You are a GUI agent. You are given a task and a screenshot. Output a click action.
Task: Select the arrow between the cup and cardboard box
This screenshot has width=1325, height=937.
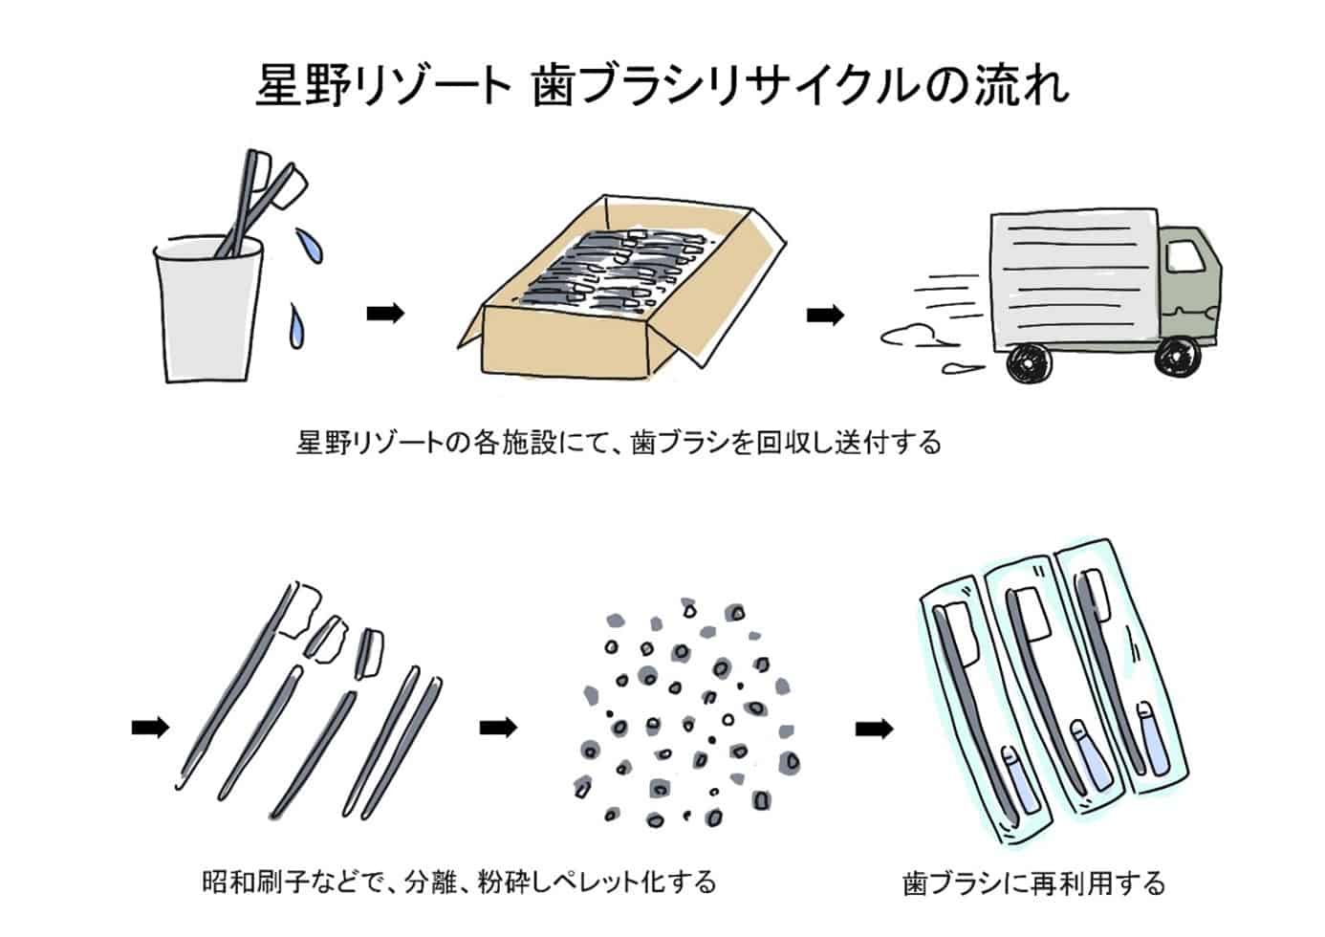click(x=386, y=313)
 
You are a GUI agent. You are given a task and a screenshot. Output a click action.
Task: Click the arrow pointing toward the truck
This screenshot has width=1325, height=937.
click(x=826, y=315)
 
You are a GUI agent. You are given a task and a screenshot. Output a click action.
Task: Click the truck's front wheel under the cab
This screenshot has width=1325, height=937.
click(x=1175, y=357)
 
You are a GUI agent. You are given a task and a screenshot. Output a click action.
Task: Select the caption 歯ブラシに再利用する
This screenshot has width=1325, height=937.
click(x=1034, y=882)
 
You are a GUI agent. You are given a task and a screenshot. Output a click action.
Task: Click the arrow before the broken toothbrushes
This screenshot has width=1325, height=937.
click(x=150, y=728)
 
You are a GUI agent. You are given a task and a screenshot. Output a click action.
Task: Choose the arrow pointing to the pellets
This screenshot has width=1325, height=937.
click(x=498, y=728)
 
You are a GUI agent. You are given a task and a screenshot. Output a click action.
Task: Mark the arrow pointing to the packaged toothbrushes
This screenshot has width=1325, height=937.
click(x=875, y=730)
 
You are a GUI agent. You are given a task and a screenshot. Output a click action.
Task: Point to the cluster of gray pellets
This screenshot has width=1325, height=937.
click(x=686, y=712)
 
